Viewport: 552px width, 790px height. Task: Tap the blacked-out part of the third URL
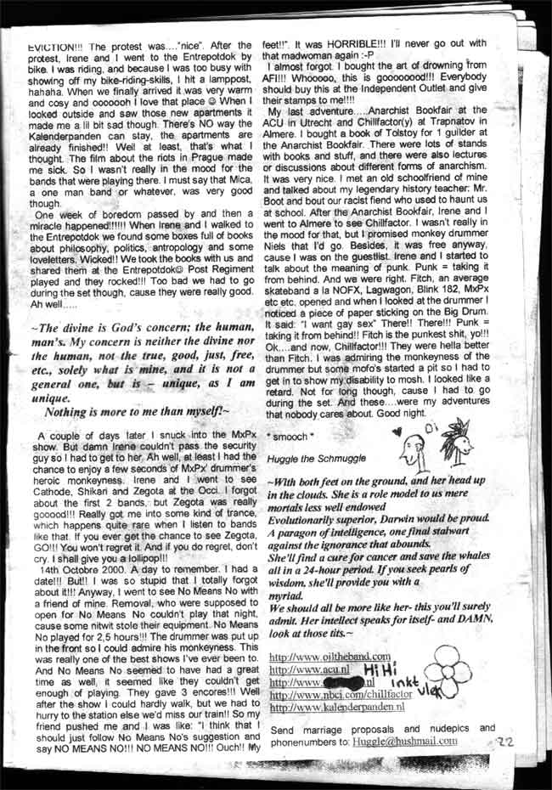(x=346, y=681)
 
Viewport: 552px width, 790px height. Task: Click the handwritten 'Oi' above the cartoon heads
(x=429, y=423)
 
